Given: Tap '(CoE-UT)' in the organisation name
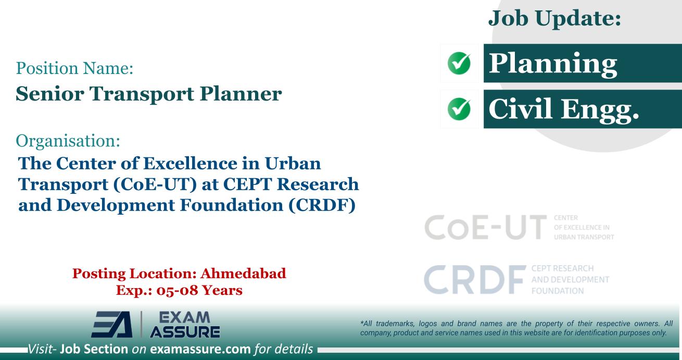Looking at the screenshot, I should (143, 184).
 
